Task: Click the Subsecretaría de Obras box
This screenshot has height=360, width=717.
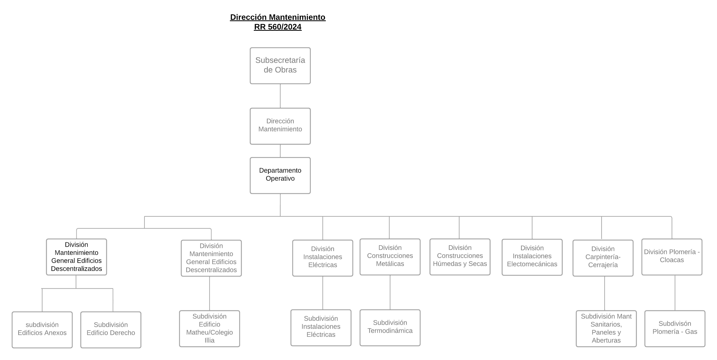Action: click(280, 66)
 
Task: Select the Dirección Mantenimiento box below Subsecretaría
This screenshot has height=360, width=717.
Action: click(280, 126)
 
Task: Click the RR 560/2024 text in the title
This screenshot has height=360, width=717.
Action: click(278, 27)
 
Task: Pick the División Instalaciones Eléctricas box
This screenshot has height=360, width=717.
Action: click(323, 258)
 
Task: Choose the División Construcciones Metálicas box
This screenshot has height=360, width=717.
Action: click(390, 257)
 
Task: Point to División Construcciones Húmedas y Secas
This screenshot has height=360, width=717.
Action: click(460, 257)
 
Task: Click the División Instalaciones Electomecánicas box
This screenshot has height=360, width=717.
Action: click(532, 257)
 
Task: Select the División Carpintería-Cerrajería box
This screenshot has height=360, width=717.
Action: click(603, 258)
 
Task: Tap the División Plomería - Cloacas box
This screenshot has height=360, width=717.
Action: click(672, 257)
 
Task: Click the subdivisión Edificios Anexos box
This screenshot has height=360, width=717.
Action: click(42, 330)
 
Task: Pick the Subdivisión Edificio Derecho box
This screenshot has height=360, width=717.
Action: click(111, 330)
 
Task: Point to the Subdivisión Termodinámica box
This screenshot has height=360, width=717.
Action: click(390, 328)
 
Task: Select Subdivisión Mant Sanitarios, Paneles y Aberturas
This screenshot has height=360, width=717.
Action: click(606, 329)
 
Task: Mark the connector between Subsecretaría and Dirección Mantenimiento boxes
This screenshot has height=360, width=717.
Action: click(280, 96)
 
